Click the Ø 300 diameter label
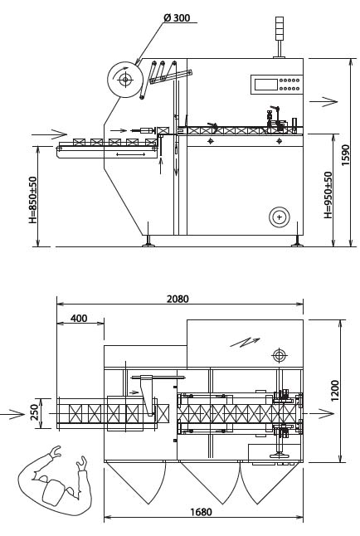(177, 17)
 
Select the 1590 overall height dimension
(346, 155)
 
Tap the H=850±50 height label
(33, 200)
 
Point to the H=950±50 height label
(328, 195)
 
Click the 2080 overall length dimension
(178, 299)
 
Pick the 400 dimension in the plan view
(79, 319)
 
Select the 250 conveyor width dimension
(35, 412)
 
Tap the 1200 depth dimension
(335, 391)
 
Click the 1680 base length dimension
(201, 512)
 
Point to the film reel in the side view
(124, 80)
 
